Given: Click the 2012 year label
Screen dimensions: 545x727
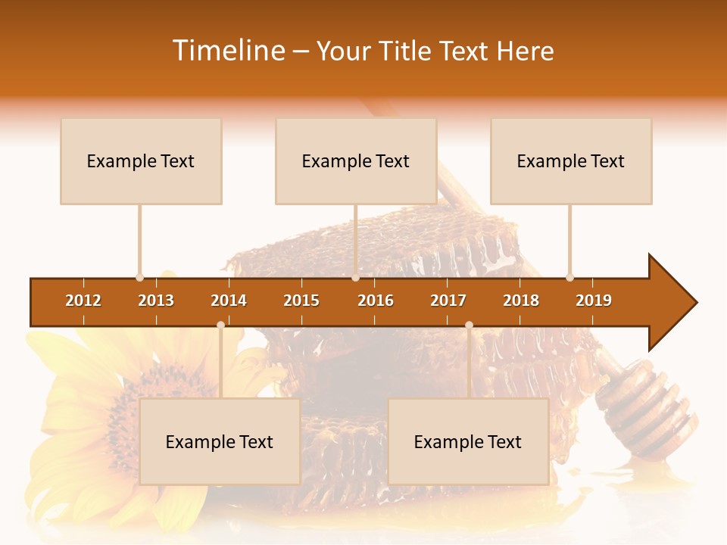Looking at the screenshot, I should coord(83,301).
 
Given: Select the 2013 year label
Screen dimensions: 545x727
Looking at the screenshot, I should coord(156,301).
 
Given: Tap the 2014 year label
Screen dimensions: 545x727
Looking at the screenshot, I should coord(229,301).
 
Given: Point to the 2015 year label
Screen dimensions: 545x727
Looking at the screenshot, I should coord(301,301).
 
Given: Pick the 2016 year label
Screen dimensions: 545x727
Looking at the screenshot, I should coord(376,301).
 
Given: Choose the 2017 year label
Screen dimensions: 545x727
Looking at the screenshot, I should coord(448,301).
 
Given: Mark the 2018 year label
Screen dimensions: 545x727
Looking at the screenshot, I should coord(521,301).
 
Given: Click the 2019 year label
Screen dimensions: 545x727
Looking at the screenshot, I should coord(594,301).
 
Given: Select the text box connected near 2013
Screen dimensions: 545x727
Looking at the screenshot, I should coord(141,161).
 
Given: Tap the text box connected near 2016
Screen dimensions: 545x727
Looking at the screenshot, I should coord(356,161).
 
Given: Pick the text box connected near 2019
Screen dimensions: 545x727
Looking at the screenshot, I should coord(571,161).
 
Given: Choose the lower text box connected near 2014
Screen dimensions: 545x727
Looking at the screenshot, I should coord(220,442).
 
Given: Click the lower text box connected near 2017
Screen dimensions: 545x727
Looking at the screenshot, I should coord(468,442).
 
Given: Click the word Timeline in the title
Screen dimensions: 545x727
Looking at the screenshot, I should coord(227,51).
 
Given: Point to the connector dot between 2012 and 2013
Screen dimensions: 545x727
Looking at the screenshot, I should coord(140,277).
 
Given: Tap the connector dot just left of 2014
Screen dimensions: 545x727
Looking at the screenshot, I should coord(220,325).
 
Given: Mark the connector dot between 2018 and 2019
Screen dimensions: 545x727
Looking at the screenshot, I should coord(570,277).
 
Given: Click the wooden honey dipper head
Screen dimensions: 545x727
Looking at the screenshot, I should coord(647,409).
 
